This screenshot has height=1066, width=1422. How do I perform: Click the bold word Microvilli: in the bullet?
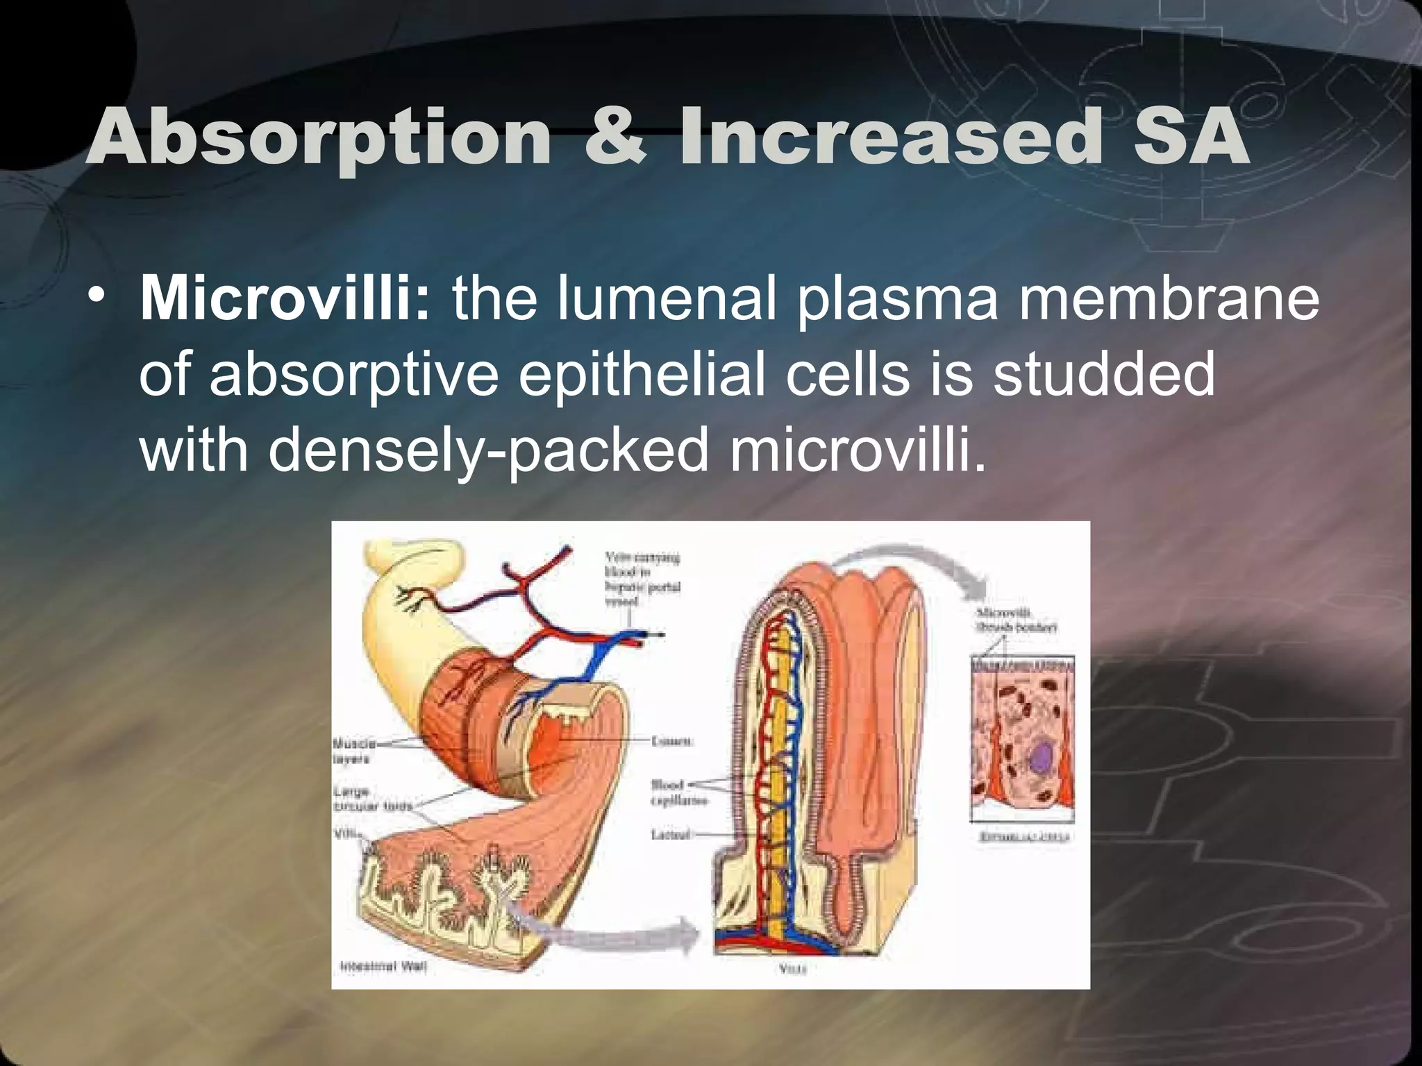tap(285, 299)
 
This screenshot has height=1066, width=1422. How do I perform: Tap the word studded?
tap(1103, 375)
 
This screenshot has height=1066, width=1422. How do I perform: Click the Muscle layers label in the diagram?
tap(354, 751)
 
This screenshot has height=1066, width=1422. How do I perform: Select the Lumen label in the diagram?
tap(672, 741)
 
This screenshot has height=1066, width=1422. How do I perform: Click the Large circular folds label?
tap(372, 799)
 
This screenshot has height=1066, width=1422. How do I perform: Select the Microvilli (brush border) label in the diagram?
tap(1016, 620)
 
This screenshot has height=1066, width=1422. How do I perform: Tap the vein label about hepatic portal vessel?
tap(642, 579)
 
